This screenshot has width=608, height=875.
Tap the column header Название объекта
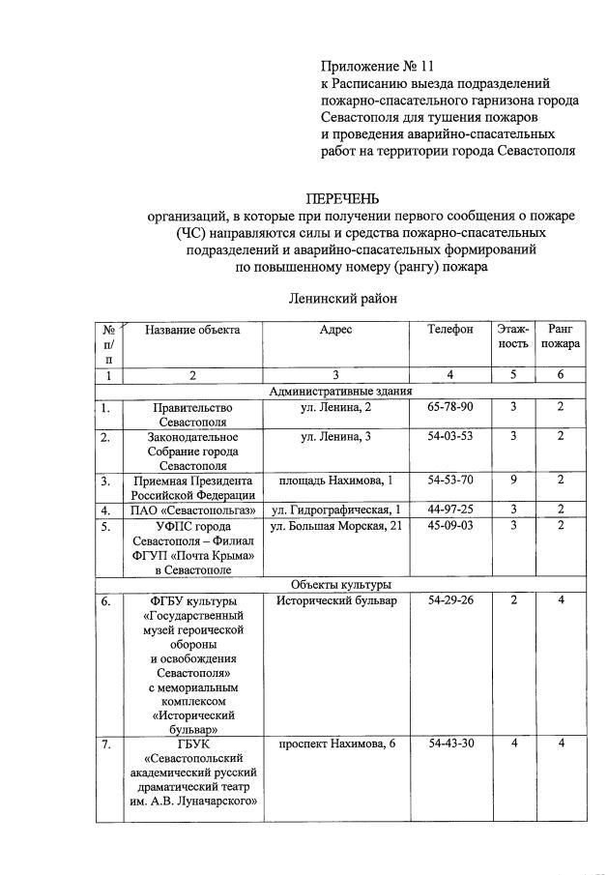point(192,330)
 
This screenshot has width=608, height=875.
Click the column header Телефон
point(450,330)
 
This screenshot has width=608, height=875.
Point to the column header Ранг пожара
point(561,336)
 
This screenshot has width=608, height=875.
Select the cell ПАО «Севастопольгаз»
point(192,510)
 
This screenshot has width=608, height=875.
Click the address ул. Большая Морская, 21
point(335,526)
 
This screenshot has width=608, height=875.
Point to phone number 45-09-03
point(450,526)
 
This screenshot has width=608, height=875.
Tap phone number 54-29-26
point(450,601)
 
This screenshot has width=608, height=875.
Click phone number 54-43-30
point(450,744)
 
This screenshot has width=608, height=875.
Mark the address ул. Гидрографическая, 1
point(335,510)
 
